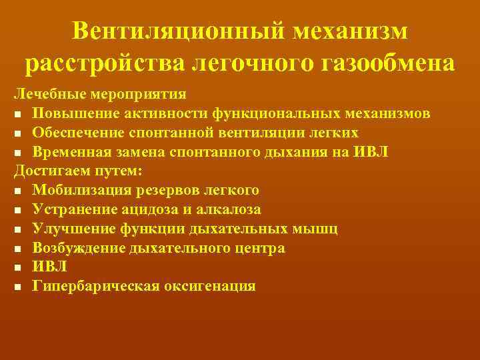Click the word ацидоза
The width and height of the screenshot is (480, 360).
point(151,209)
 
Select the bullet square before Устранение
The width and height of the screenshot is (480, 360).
point(18,210)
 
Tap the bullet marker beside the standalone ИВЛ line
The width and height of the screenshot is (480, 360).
point(18,268)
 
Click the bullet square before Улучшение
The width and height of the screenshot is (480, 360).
point(18,229)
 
